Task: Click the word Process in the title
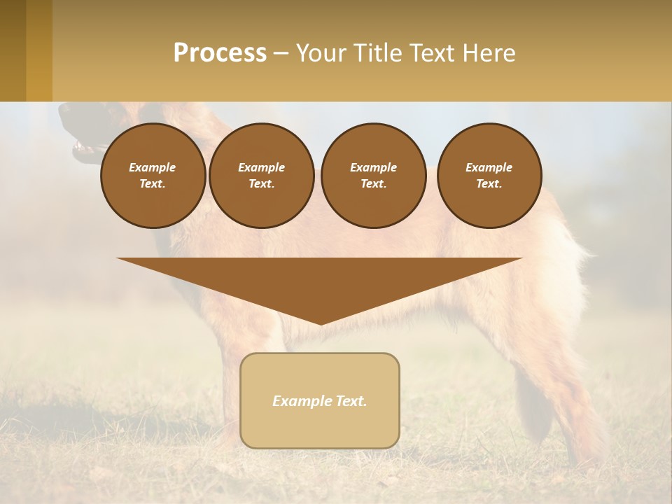pyautogui.click(x=220, y=53)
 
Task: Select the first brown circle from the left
pyautogui.click(x=153, y=176)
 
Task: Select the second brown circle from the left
pyautogui.click(x=261, y=176)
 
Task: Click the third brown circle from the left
pyautogui.click(x=373, y=176)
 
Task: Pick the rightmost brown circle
pyautogui.click(x=489, y=176)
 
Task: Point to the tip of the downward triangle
pyautogui.click(x=321, y=323)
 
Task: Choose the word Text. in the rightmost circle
pyautogui.click(x=489, y=184)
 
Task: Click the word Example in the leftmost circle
pyautogui.click(x=153, y=167)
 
